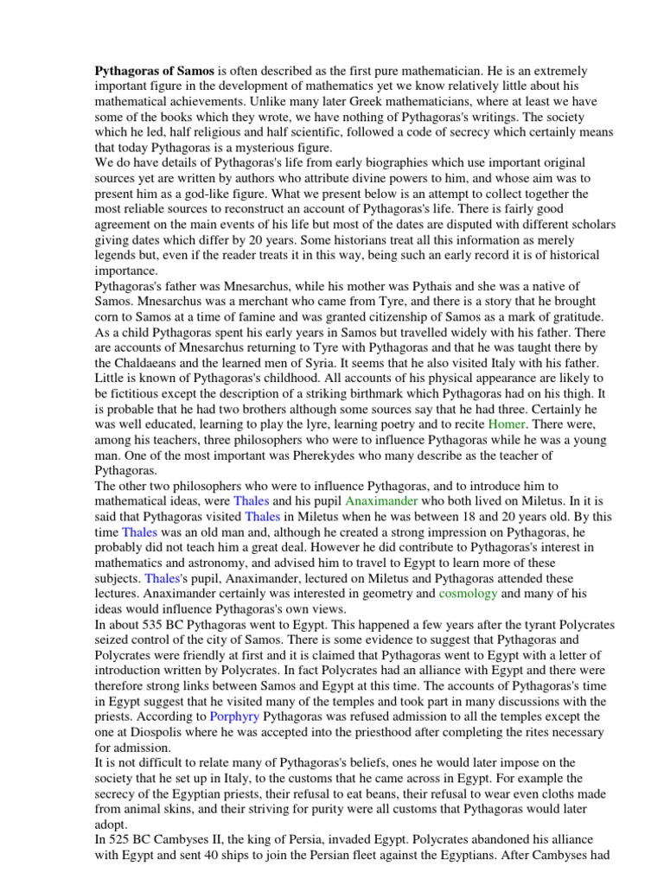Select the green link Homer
coord(508,424)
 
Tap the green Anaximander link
coord(381,500)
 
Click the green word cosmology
coord(469,594)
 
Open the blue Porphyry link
coord(233,716)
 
